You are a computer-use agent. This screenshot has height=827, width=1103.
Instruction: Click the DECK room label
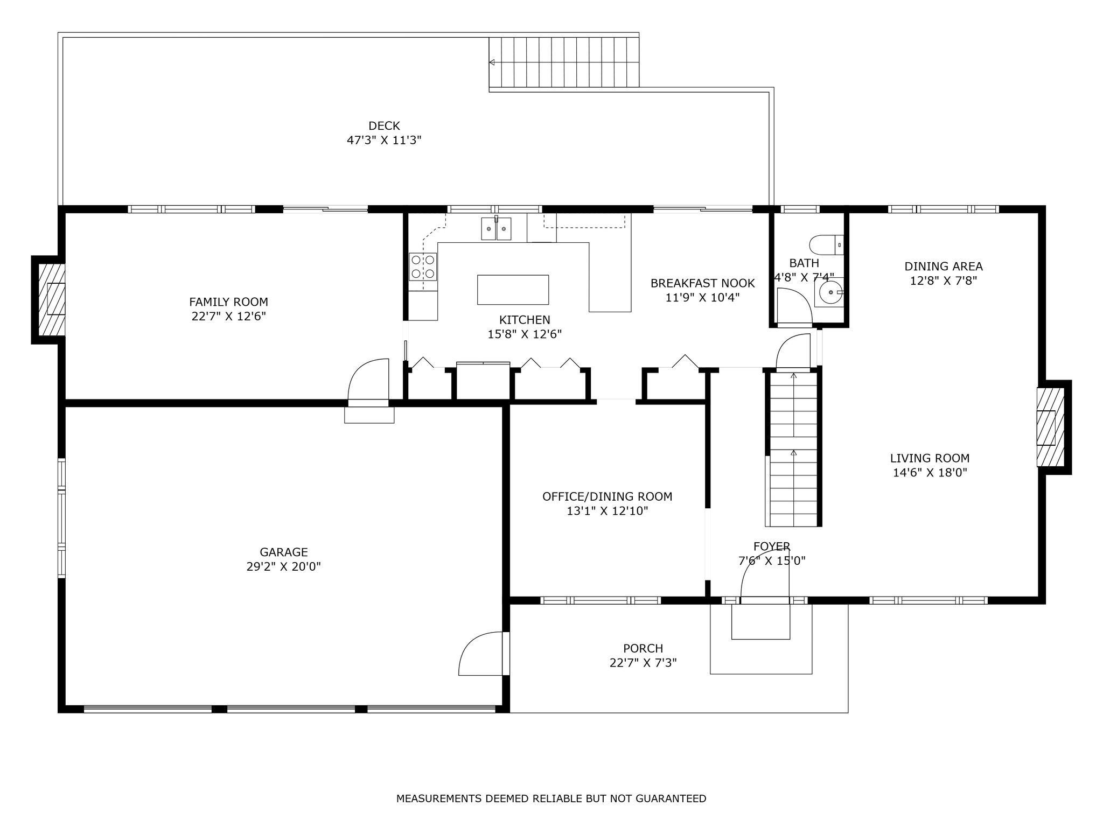[x=384, y=126]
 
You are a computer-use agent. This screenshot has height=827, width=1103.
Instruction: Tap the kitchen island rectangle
[x=513, y=290]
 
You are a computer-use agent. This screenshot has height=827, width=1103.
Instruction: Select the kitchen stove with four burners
[x=423, y=267]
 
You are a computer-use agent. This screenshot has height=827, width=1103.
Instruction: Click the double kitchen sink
[x=496, y=229]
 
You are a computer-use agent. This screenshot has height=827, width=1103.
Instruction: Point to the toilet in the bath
[x=826, y=245]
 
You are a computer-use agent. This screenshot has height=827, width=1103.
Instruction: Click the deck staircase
[x=564, y=62]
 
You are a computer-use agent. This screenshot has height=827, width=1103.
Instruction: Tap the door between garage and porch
[x=483, y=654]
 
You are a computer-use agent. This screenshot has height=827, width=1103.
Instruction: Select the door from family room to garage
[x=368, y=380]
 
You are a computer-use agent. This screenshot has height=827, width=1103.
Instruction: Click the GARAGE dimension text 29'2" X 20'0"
[x=284, y=566]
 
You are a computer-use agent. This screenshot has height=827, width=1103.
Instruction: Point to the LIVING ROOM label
[x=930, y=458]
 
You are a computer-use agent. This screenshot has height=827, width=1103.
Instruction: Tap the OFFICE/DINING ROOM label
[x=608, y=496]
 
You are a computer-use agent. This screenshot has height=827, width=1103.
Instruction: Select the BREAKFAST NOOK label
[x=702, y=283]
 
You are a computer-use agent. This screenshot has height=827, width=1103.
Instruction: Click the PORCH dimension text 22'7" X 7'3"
[x=643, y=663]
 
